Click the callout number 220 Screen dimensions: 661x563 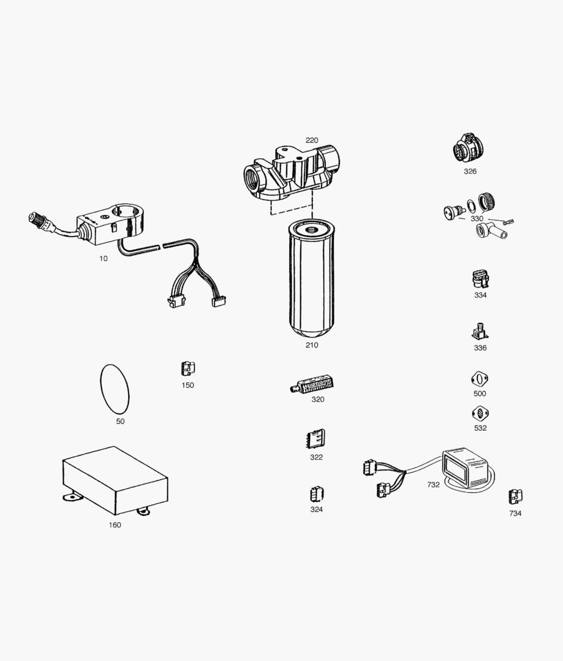click(312, 140)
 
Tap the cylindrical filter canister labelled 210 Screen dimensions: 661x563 click(311, 278)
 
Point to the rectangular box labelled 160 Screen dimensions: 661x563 click(115, 479)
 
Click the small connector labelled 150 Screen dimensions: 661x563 click(187, 369)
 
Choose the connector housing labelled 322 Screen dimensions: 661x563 click(316, 438)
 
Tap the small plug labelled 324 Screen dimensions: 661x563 click(316, 493)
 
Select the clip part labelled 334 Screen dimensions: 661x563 click(480, 278)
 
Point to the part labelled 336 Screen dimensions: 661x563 click(479, 331)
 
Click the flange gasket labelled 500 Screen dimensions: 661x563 click(479, 379)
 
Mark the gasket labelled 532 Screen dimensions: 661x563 click(480, 413)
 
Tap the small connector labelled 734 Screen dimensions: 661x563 click(515, 497)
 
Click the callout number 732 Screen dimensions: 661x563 click(433, 484)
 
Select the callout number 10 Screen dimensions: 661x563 click(104, 258)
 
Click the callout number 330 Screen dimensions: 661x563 click(477, 218)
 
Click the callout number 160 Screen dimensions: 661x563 click(115, 525)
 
